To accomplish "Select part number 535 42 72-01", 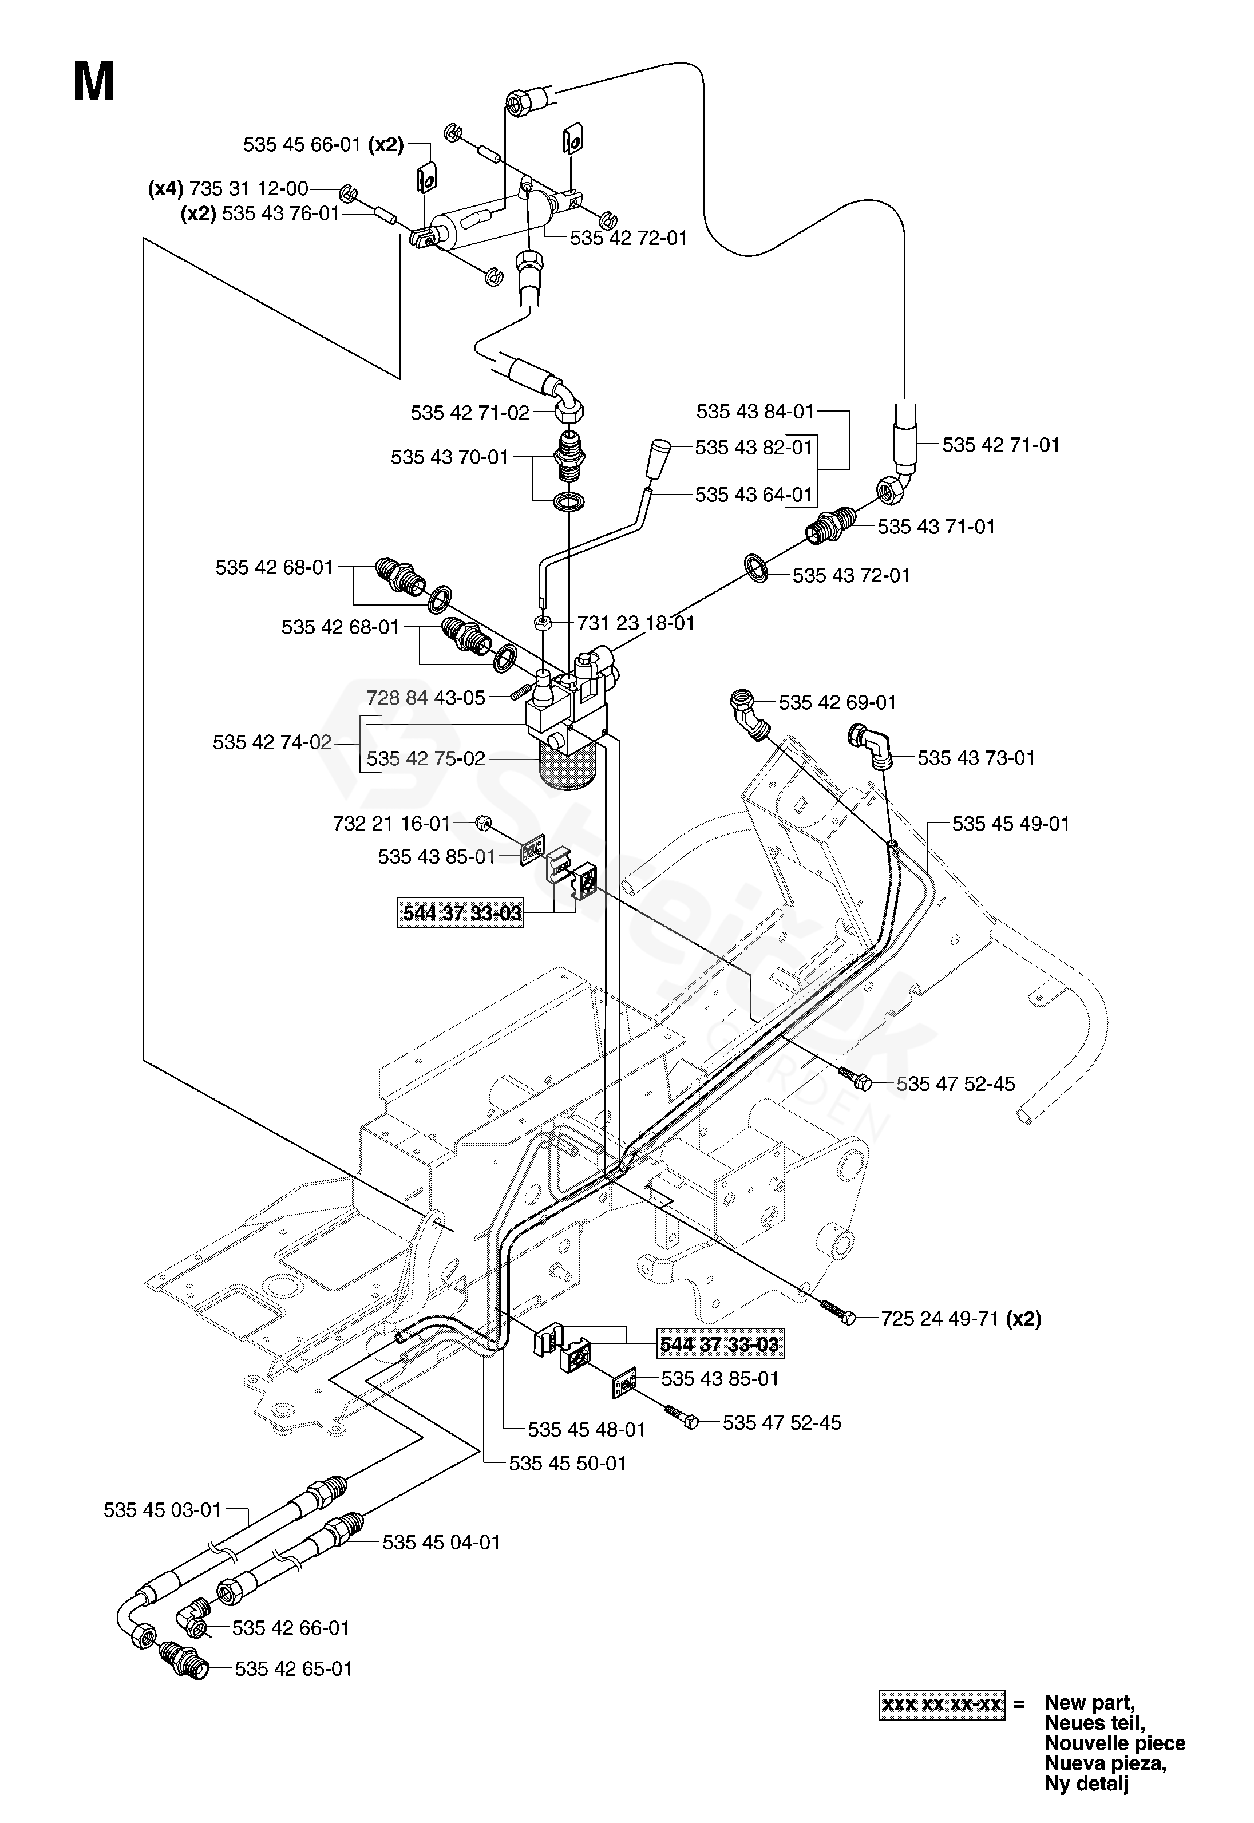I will point(628,238).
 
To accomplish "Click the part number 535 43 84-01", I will point(755,411).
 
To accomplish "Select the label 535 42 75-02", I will point(426,759).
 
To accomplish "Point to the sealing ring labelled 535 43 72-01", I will point(757,567).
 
